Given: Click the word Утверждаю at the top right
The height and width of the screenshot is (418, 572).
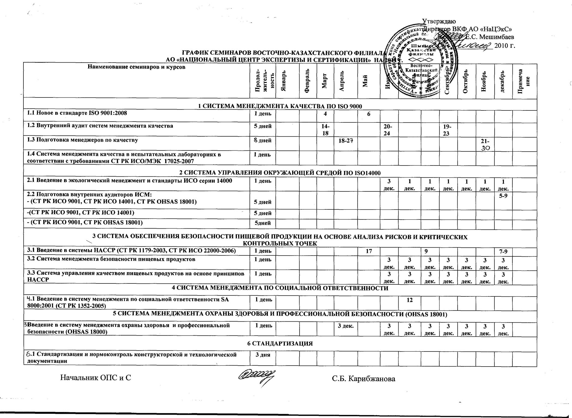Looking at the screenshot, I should (x=439, y=21).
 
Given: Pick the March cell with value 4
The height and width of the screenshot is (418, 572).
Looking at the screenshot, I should (x=325, y=114).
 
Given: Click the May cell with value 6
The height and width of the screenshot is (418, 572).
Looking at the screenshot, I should (x=368, y=114).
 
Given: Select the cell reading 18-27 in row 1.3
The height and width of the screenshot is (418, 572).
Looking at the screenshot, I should (x=345, y=141).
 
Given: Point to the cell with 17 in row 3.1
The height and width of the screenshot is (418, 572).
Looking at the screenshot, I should (x=368, y=251).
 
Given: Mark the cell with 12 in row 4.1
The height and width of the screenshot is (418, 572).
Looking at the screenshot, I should (x=409, y=300).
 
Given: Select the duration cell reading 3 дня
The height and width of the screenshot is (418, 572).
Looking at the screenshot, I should (x=263, y=355).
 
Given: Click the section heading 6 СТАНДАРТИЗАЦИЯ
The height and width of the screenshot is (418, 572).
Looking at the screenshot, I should (x=280, y=343).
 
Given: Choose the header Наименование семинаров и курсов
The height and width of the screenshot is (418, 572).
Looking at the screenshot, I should (x=136, y=67).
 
